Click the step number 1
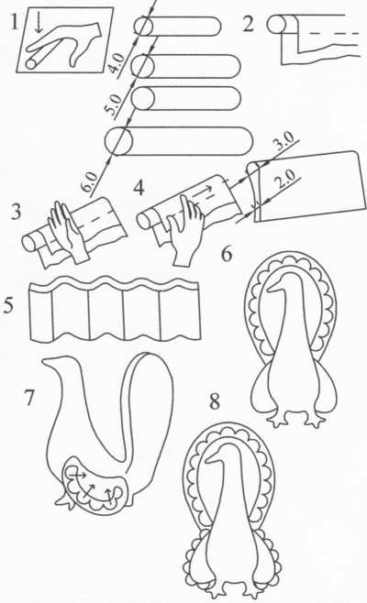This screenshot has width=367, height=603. [14, 22]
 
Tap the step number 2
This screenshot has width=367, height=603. [249, 24]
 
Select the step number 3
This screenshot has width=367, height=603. [16, 211]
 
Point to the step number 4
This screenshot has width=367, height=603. [139, 188]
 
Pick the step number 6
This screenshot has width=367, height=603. [227, 254]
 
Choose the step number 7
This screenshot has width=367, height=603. [28, 397]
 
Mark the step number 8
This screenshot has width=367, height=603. [215, 401]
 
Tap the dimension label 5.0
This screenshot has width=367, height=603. [114, 104]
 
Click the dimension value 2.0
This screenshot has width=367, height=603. [285, 179]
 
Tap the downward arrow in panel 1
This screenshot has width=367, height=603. [38, 23]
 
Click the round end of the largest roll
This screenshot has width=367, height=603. [119, 141]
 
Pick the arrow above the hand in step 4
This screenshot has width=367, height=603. [202, 191]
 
